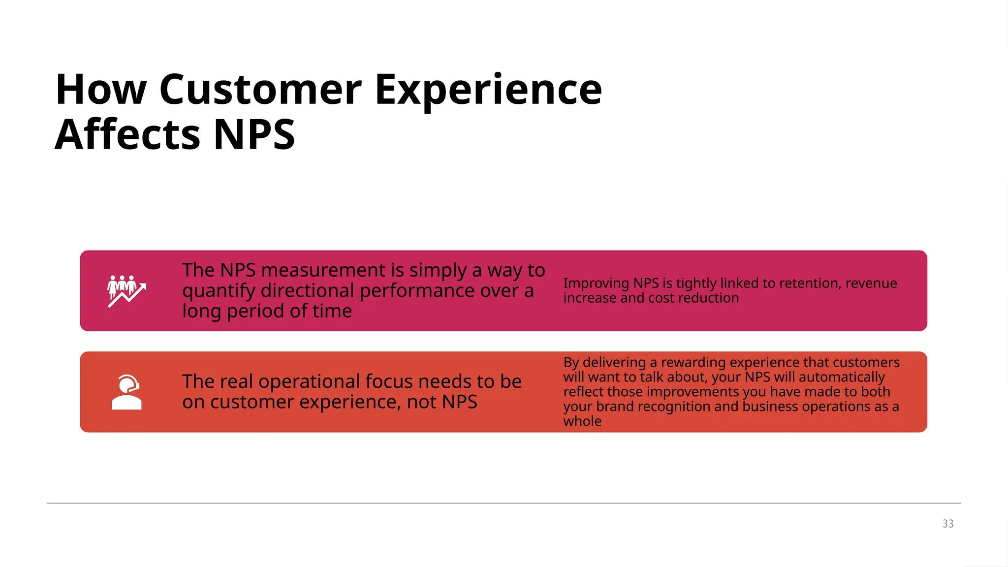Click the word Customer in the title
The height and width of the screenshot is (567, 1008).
click(x=260, y=90)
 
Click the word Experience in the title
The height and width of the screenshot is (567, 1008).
click(x=488, y=90)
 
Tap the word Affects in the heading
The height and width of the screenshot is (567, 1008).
click(x=126, y=134)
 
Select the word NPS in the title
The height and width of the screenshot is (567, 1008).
click(x=254, y=134)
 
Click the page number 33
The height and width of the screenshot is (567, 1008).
click(x=948, y=524)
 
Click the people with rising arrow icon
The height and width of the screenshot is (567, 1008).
click(x=126, y=291)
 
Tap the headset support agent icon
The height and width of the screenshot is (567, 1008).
click(x=126, y=392)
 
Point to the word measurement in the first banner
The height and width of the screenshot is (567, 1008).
click(x=332, y=270)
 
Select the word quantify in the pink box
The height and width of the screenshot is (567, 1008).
click(x=219, y=291)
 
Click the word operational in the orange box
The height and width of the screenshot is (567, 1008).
click(x=310, y=382)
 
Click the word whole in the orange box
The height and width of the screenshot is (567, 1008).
click(x=582, y=421)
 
